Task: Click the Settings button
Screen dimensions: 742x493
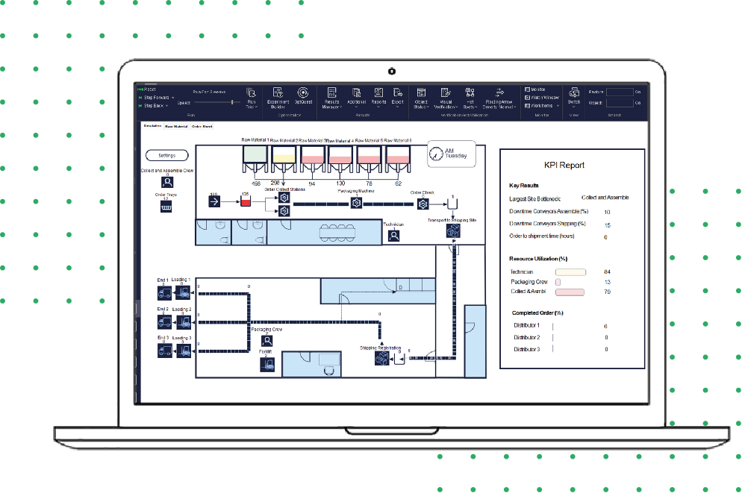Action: click(x=167, y=155)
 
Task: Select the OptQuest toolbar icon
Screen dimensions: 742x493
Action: click(x=303, y=93)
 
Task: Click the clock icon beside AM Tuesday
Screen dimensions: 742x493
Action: click(x=436, y=154)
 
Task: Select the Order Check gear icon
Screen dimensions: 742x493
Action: click(x=423, y=204)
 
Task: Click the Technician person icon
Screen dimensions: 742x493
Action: click(x=394, y=235)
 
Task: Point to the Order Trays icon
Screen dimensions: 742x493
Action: click(x=167, y=207)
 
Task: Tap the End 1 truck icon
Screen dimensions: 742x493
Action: click(x=163, y=292)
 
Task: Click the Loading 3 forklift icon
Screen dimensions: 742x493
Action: click(x=183, y=350)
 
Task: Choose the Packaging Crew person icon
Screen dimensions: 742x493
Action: click(x=266, y=340)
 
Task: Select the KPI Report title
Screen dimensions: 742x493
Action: click(x=564, y=166)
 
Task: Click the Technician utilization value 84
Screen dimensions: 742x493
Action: click(x=607, y=272)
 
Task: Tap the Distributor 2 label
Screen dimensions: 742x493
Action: click(x=526, y=338)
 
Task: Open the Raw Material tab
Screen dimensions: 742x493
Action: click(x=176, y=127)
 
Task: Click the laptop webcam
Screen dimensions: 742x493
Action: click(x=391, y=72)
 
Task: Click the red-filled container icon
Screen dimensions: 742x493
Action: click(x=244, y=201)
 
